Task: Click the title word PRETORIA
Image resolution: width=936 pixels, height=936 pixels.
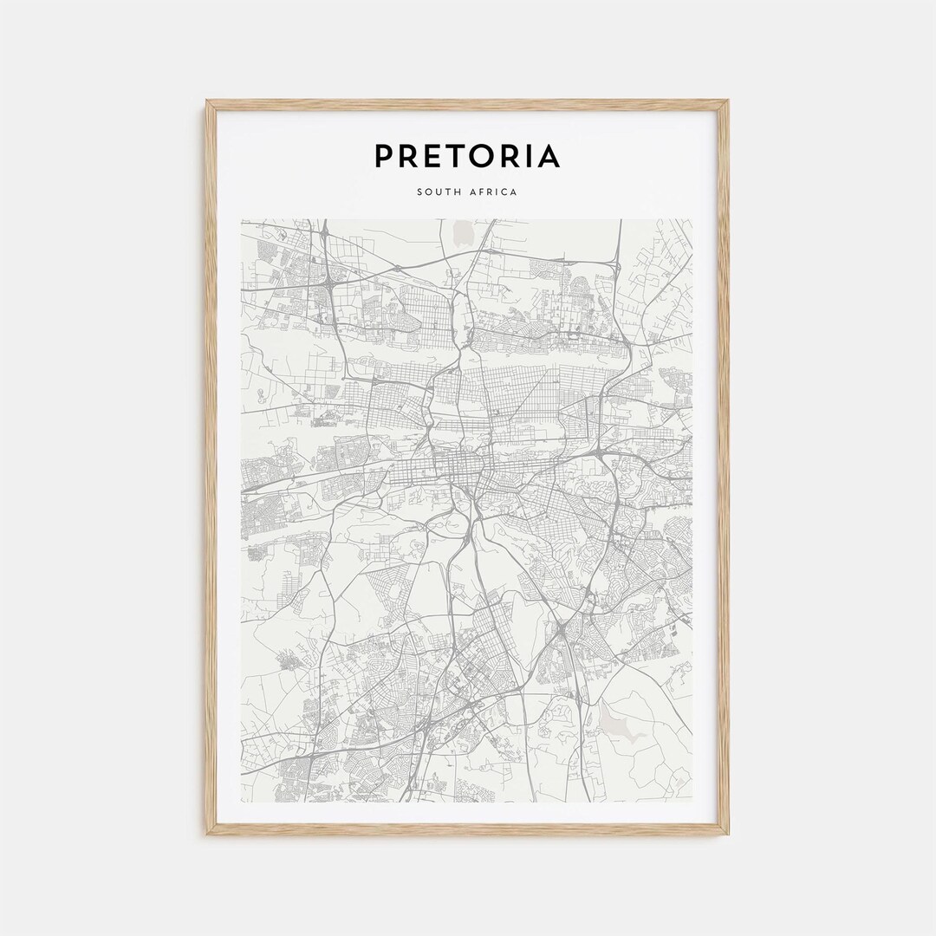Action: pos(467,157)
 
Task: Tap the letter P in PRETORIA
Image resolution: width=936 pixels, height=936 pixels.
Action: pos(385,157)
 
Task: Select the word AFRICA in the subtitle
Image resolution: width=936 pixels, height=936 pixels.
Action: pos(493,192)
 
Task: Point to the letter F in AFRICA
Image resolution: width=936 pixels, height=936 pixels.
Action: pos(481,192)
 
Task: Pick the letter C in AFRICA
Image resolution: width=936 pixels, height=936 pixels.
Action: pos(505,192)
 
